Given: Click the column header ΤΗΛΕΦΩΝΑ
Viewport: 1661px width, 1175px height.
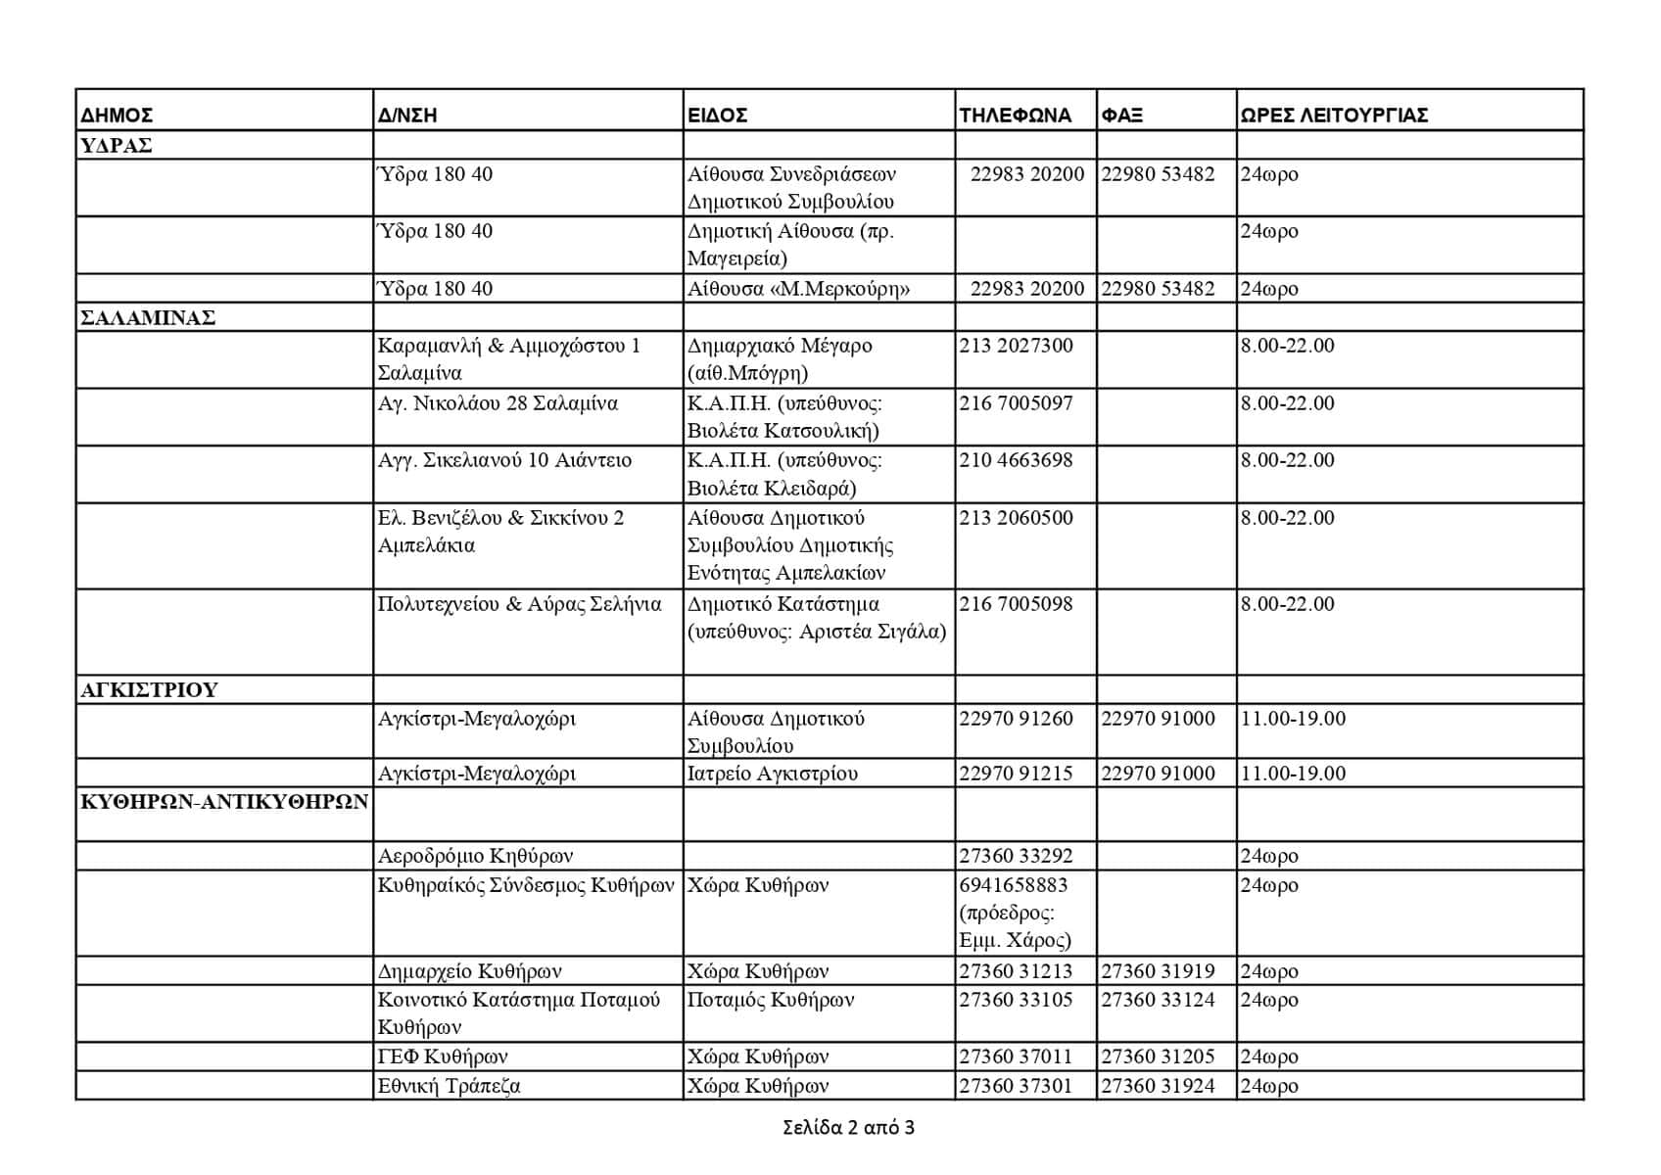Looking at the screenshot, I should point(1015,115).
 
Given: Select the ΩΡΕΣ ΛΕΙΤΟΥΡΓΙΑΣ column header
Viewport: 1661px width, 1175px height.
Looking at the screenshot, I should point(1333,115).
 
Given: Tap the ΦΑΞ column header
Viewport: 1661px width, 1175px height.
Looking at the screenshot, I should point(1122,115).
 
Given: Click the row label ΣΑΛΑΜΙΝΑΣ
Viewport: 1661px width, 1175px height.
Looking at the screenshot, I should point(148,318).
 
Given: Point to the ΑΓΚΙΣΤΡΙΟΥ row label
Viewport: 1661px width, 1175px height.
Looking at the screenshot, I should point(149,689).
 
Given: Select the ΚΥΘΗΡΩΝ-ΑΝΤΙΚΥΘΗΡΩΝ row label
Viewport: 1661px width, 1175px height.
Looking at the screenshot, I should point(224,802).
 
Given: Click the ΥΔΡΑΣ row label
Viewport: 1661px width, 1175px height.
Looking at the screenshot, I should point(116,146).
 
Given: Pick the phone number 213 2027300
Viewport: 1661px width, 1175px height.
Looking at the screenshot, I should point(1016,346).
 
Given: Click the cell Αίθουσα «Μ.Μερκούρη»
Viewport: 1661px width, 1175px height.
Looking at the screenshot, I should point(798,289).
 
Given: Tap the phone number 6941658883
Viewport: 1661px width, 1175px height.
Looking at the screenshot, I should point(1013,885).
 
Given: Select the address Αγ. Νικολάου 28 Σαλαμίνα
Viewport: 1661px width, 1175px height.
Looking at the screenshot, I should point(498,403).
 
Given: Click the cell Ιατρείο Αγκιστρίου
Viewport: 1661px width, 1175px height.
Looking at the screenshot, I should point(773,774).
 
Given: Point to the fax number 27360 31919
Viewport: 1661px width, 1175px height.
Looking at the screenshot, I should point(1158,971).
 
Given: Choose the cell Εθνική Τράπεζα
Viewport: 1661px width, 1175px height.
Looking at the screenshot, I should point(450,1086).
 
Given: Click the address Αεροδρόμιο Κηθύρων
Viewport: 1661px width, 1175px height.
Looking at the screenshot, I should point(475,856).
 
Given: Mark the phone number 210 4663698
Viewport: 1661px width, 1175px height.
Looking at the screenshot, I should point(1016,460).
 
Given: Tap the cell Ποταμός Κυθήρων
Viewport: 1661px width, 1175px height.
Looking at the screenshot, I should point(771,1000).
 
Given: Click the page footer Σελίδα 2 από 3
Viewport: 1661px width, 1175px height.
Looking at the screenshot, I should point(848,1127).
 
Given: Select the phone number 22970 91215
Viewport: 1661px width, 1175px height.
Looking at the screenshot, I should point(1016,774).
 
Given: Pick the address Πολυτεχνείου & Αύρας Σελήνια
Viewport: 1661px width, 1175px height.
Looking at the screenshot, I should point(519,604).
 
